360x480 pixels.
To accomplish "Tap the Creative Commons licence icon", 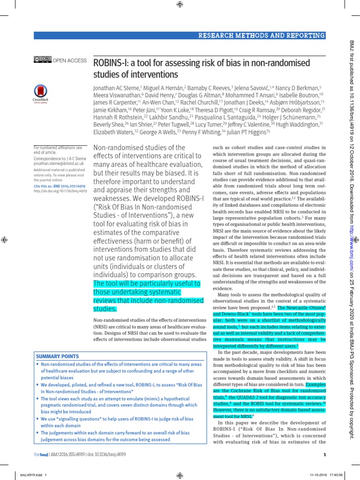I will pyautogui.click(x=42, y=60).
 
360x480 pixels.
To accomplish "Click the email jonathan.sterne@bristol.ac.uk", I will pyautogui.click(x=59, y=164).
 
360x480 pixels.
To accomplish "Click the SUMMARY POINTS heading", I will pyautogui.click(x=58, y=356).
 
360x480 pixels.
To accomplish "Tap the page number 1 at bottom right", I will pyautogui.click(x=324, y=454).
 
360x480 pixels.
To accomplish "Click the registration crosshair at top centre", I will pyautogui.click(x=180, y=5).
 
